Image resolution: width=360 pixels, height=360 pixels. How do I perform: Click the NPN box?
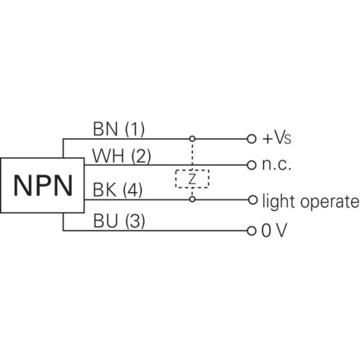(x=42, y=185)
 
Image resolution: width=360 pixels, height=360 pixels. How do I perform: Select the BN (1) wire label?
(x=118, y=129)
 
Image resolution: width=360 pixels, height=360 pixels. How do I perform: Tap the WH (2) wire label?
(x=122, y=156)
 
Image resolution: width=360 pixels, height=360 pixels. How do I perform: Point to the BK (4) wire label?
(x=118, y=191)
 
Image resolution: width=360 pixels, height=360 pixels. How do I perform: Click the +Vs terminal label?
(x=277, y=139)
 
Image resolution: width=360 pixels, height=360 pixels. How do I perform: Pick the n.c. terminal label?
(x=277, y=165)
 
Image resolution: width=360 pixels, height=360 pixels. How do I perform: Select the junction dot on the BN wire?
(x=192, y=139)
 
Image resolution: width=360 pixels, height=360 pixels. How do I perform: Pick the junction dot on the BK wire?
(x=192, y=199)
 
